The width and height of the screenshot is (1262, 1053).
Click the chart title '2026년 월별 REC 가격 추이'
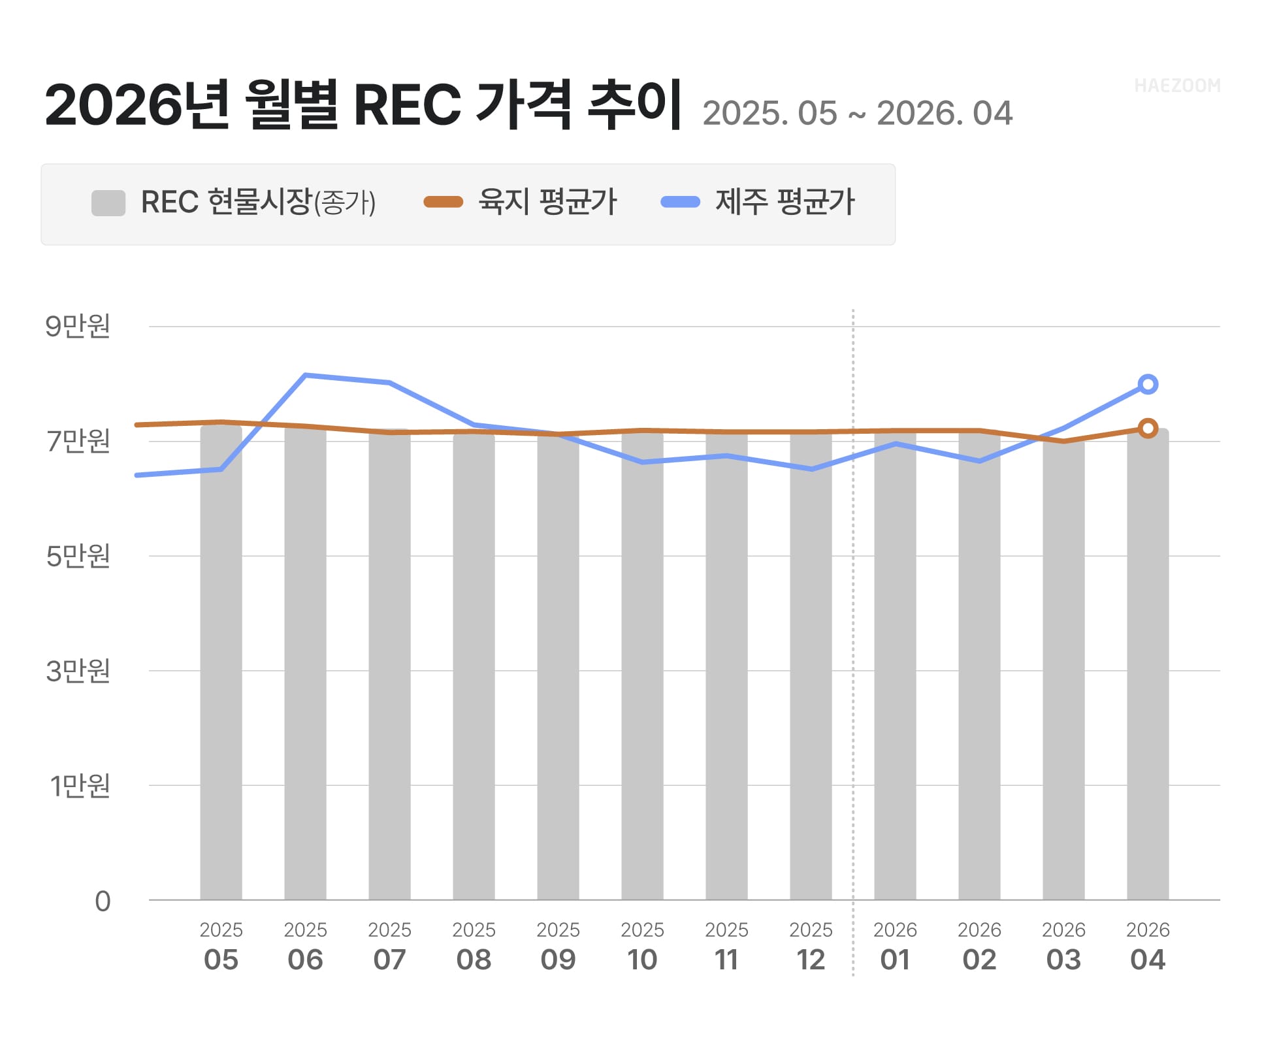pyautogui.click(x=363, y=105)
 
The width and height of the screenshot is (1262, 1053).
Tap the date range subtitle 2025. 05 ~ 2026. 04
pyautogui.click(x=857, y=114)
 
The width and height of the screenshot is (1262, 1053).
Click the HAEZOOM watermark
pyautogui.click(x=1176, y=86)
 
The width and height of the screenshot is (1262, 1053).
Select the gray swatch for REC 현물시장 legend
pyautogui.click(x=108, y=203)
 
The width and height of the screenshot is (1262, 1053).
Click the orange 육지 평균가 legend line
pyautogui.click(x=443, y=202)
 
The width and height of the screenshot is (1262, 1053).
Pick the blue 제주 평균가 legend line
pyautogui.click(x=680, y=202)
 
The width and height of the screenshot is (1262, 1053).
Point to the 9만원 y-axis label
pyautogui.click(x=78, y=326)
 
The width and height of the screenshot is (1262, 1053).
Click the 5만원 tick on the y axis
pyautogui.click(x=78, y=557)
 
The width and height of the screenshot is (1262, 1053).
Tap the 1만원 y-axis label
pyautogui.click(x=80, y=786)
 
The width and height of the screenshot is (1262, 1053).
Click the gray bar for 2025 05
pyautogui.click(x=221, y=663)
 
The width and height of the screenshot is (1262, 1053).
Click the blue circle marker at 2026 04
pyautogui.click(x=1148, y=384)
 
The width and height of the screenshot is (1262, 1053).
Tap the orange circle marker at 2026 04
pyautogui.click(x=1148, y=429)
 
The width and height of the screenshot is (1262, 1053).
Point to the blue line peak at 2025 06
pyautogui.click(x=306, y=375)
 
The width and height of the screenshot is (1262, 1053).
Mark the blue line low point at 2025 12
pyautogui.click(x=811, y=469)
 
